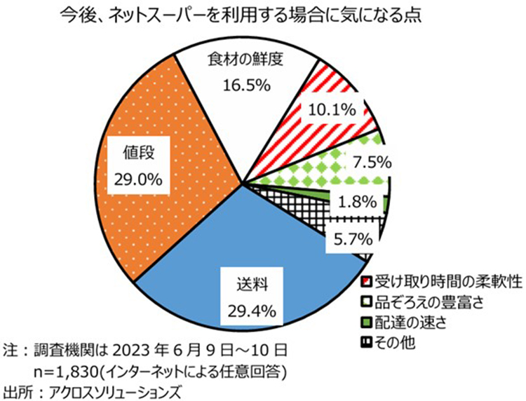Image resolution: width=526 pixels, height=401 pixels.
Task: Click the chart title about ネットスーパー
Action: pyautogui.click(x=238, y=15)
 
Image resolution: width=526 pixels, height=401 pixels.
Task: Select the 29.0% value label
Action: pyautogui.click(x=137, y=177)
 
